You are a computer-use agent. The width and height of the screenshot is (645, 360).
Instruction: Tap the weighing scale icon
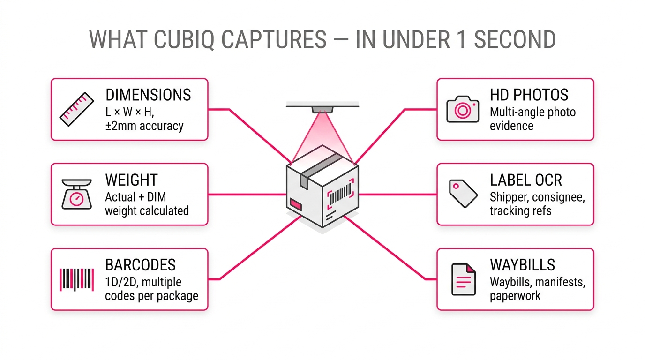(x=76, y=194)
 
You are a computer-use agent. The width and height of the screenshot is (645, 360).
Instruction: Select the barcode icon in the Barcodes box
(x=76, y=279)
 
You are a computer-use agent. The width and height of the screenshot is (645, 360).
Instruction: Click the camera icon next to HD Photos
(x=462, y=110)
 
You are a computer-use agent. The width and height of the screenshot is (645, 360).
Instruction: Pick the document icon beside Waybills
(x=463, y=279)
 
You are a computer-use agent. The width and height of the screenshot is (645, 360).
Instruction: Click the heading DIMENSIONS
(x=148, y=95)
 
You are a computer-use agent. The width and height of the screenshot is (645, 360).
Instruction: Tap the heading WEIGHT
(x=131, y=180)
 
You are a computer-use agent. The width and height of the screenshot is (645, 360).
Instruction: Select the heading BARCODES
(x=140, y=265)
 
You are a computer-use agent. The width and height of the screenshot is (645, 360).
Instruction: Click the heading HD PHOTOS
(x=529, y=95)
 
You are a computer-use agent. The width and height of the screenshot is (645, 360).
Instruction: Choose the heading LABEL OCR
(x=526, y=180)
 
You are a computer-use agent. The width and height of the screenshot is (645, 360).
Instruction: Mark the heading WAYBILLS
(x=522, y=265)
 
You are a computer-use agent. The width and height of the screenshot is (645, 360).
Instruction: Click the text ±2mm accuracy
(x=144, y=126)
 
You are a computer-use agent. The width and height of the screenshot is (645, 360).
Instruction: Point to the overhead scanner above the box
(x=322, y=107)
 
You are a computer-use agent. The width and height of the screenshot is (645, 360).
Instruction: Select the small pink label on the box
(x=296, y=203)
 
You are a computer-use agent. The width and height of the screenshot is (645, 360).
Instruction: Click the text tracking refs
(x=520, y=211)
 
